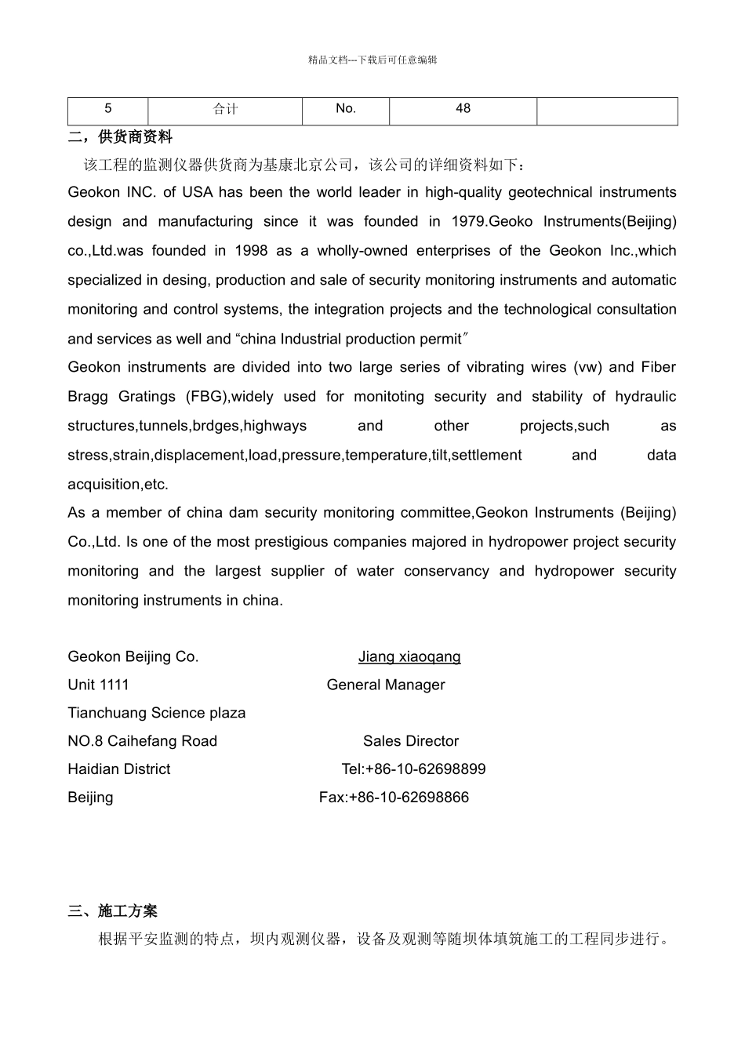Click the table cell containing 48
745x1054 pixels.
pos(463,109)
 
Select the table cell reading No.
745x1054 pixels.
pos(345,109)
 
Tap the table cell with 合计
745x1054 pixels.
pos(225,109)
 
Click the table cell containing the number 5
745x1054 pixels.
pos(108,109)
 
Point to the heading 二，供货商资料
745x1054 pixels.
pos(120,137)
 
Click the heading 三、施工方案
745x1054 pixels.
pos(113,910)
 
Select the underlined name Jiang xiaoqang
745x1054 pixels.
pos(409,657)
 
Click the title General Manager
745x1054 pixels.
pos(386,685)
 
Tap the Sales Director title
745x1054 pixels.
pos(411,742)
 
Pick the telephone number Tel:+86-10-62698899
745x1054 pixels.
pos(413,770)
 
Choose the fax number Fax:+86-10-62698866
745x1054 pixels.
pos(394,798)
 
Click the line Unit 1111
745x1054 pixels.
pos(98,685)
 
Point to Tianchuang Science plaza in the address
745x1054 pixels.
pos(157,714)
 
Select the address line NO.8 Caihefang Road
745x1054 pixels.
pos(143,742)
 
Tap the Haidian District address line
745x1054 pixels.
pos(119,770)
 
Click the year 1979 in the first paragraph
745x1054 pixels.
pos(468,222)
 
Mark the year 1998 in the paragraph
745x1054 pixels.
pos(251,251)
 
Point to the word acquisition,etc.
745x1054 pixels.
pos(118,485)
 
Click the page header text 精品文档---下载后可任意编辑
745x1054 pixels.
pos(372,60)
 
